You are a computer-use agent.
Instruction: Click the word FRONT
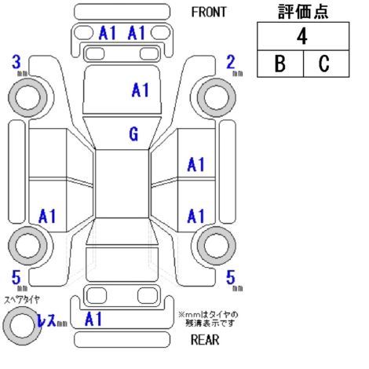coord(209,12)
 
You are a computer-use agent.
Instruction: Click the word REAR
coord(205,340)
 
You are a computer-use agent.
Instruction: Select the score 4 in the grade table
coord(302,36)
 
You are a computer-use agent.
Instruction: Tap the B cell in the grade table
coord(280,64)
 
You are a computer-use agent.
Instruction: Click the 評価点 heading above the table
coord(303,12)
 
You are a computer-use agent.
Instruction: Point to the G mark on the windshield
coord(133,134)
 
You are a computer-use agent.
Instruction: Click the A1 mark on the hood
coord(141,90)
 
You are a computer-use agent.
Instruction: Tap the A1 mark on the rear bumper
coord(93,319)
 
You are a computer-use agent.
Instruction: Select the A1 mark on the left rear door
coord(47,216)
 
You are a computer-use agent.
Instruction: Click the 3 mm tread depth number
coord(16,62)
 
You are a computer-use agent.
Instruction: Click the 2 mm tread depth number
coord(231,62)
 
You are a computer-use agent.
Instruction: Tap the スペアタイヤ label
coord(22,300)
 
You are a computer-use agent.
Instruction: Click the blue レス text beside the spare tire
coord(46,320)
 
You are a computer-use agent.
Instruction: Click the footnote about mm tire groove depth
coord(208,319)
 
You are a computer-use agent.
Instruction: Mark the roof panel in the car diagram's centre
coord(122,184)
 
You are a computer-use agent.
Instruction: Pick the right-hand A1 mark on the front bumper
coord(137,33)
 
